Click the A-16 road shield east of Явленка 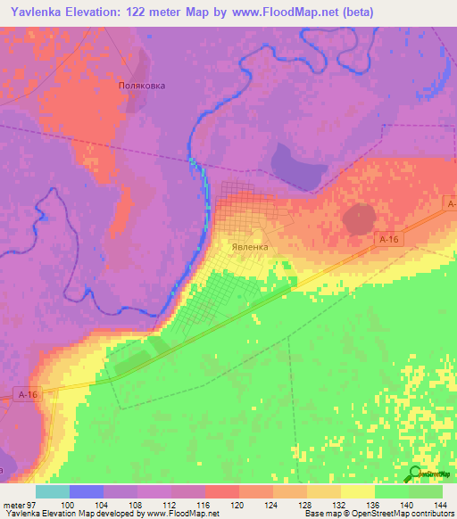point(387,240)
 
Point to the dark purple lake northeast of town point(295,167)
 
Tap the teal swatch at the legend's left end point(53,491)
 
